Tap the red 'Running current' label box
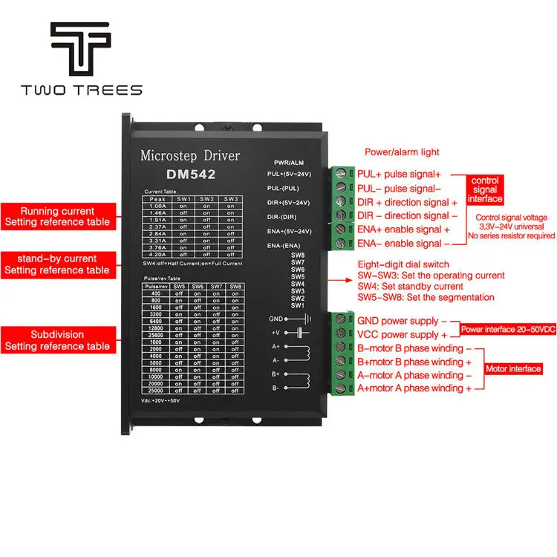coord(57,216)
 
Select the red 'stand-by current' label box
coord(57,264)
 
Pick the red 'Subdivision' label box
coord(57,340)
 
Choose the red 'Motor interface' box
coord(513,369)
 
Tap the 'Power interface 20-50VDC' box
coord(507,329)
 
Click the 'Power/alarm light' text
coord(402,152)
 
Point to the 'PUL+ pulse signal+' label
coord(399,175)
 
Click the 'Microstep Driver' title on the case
coord(189,155)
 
